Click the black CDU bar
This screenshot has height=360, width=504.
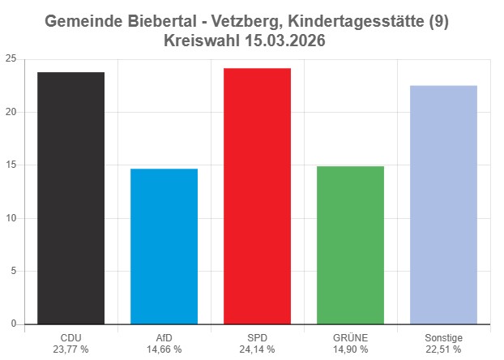[70, 199]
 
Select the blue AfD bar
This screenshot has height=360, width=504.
[164, 246]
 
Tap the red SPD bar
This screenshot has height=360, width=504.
[257, 196]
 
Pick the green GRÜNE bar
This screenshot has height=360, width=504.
[350, 245]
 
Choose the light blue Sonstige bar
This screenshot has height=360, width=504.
[443, 204]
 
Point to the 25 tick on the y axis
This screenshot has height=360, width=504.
[11, 59]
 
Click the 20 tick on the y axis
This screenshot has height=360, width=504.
[11, 112]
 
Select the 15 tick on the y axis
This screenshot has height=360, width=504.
[11, 165]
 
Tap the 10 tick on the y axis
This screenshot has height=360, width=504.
[11, 218]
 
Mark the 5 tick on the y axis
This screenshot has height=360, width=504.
[13, 272]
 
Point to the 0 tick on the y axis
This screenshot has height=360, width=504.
[13, 324]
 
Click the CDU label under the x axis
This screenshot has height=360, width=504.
[70, 337]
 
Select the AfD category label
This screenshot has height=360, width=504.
[164, 337]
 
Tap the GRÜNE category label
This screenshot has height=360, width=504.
[350, 337]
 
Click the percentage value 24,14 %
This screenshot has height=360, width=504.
[257, 349]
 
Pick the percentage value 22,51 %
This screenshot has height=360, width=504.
[443, 349]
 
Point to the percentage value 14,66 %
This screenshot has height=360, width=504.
[164, 349]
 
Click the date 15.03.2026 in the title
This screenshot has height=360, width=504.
[288, 41]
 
